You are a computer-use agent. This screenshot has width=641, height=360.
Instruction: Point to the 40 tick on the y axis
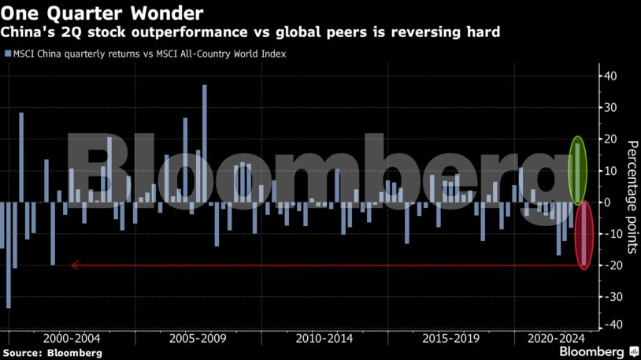610,76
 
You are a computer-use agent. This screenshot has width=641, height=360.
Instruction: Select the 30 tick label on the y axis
610,108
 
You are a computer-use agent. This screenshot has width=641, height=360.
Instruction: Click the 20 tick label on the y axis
610,139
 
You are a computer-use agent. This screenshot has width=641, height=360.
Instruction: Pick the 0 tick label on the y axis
607,202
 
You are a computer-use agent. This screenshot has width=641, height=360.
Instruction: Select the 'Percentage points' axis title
631,197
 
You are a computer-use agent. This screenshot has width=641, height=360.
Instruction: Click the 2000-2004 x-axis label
73,338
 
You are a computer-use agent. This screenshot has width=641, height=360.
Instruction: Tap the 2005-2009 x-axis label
198,338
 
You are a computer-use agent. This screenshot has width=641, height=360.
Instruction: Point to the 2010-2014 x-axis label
324,338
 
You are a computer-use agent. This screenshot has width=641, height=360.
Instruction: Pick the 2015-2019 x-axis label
450,338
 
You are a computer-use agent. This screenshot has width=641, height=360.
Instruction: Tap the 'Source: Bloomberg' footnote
53,353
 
